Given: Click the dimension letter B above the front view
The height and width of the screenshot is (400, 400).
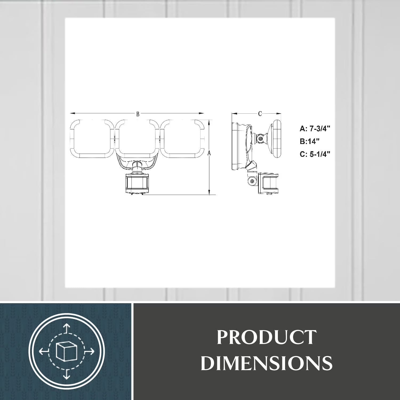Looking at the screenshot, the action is (x=138, y=114).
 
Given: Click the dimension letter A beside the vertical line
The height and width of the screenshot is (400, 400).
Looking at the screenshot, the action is (x=209, y=153).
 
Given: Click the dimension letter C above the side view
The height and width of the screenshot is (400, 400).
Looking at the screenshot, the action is (x=260, y=114).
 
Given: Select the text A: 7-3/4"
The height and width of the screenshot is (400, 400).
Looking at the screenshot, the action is (x=315, y=129).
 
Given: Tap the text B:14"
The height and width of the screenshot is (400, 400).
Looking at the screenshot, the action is (x=310, y=141).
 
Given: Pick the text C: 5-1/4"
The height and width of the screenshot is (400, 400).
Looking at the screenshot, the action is (x=315, y=154).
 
